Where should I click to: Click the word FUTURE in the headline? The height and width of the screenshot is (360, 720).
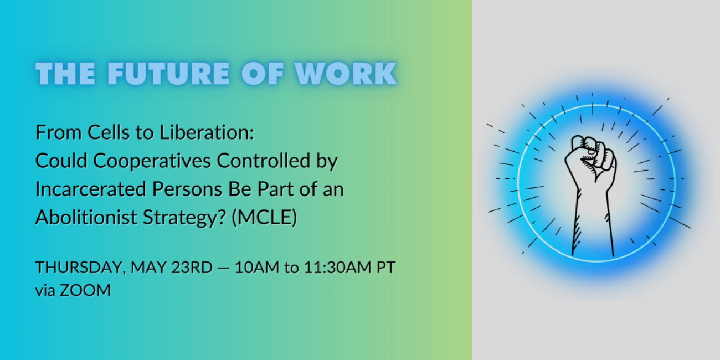[168, 74]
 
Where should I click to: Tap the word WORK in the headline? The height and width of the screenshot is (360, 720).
[346, 74]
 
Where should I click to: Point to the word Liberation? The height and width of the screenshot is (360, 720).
[207, 132]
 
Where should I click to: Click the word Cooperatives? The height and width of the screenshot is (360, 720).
[152, 161]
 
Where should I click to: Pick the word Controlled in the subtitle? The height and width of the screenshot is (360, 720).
[264, 161]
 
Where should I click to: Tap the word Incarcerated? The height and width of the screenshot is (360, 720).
[91, 189]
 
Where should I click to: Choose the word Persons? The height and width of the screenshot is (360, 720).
[187, 189]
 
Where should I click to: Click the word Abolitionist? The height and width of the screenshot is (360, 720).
[86, 217]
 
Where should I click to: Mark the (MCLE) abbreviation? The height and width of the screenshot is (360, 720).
[265, 218]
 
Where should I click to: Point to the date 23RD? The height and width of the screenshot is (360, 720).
[192, 268]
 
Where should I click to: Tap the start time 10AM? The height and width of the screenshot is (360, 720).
[257, 268]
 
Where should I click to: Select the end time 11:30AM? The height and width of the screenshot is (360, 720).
[337, 268]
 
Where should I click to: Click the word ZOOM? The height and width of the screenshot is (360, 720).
[85, 290]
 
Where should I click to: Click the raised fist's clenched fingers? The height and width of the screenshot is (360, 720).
[595, 151]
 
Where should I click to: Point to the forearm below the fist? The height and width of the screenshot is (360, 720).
[593, 222]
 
